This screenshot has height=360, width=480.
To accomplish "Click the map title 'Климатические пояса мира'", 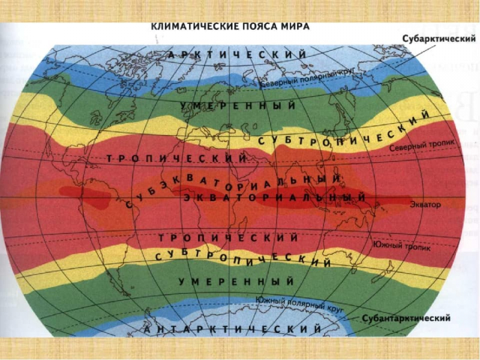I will (x=229, y=27).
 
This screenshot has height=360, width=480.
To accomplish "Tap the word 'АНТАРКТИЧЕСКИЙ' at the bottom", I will (x=234, y=329).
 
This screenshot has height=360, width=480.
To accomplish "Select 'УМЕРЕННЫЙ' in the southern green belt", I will (x=236, y=281).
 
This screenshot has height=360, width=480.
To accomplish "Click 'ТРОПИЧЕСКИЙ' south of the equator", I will (x=229, y=238).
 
